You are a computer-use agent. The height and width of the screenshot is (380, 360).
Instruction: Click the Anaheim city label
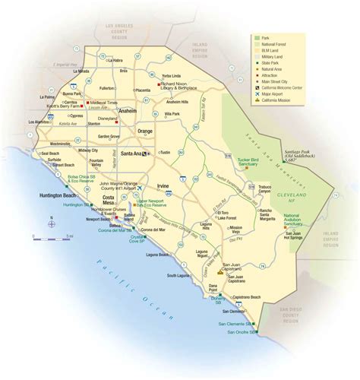point(127,111)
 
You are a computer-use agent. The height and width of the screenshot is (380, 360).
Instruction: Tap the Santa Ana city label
point(133,154)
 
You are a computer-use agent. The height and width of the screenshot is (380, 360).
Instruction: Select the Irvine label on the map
point(163,186)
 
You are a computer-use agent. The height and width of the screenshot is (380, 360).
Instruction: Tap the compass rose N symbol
point(51,223)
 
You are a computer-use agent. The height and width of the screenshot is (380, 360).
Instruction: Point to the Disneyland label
point(108,119)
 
